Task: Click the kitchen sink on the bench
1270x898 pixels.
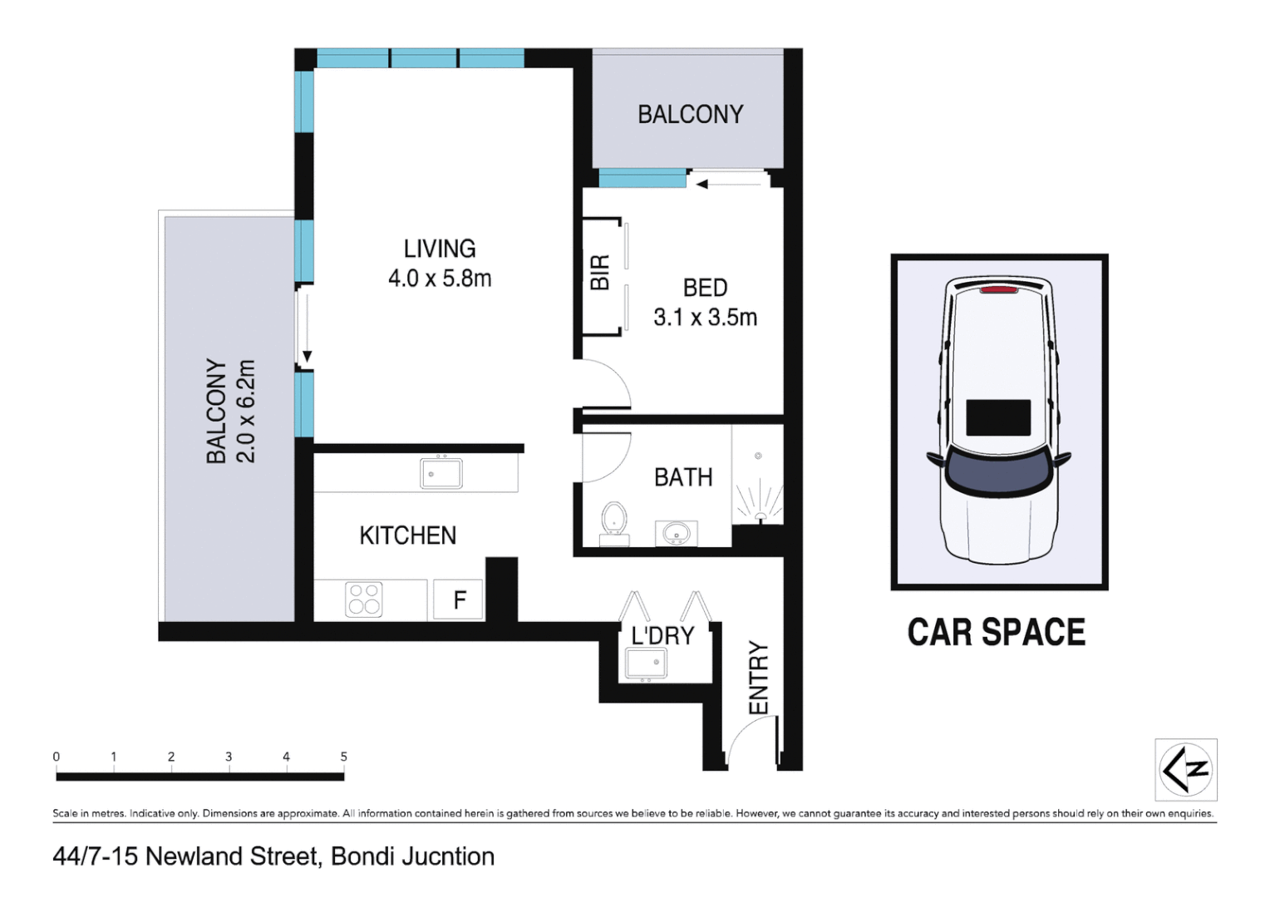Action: coord(441,473)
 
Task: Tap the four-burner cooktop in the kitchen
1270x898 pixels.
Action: coord(363,599)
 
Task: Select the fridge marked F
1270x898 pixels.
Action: coord(459,599)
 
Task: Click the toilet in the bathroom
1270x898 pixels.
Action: coord(614,520)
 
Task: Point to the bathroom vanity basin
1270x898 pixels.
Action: coord(676,533)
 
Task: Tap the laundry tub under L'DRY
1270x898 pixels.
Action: coord(646,663)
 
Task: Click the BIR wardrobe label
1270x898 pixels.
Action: coord(599,273)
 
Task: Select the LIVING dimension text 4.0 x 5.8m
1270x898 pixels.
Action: coord(440,279)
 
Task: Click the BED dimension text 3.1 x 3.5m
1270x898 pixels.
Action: coord(705,318)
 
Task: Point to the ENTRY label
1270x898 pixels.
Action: coord(758,677)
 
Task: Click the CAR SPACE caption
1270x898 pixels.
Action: coord(996,633)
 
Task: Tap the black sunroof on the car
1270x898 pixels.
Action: coord(998,417)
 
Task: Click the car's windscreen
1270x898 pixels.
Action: coord(997,472)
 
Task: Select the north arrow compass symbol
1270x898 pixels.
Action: coord(1186,769)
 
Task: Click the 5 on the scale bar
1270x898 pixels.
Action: coord(343,757)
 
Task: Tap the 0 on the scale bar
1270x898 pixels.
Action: coord(57,757)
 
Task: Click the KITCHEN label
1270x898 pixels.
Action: coord(407,535)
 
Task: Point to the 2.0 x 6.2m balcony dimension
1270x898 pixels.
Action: coord(246,411)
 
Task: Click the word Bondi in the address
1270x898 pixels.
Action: coord(363,856)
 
